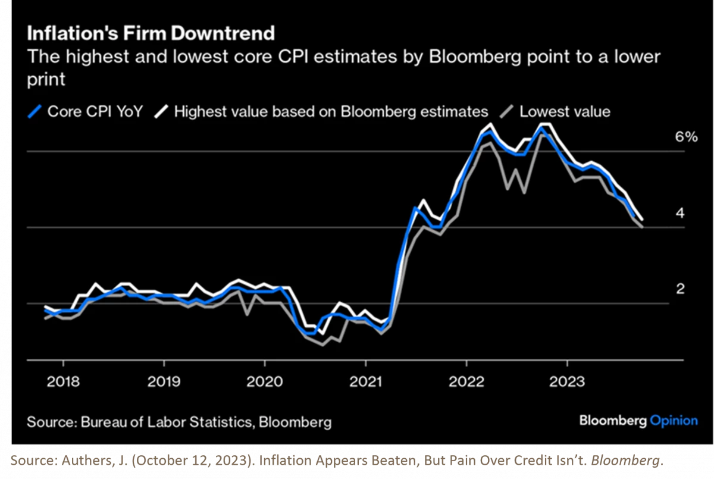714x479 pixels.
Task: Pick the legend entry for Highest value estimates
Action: click(x=321, y=111)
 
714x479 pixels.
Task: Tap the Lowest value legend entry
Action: click(x=556, y=111)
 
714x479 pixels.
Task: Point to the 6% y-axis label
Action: click(x=669, y=137)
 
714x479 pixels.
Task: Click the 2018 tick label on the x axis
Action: click(x=63, y=380)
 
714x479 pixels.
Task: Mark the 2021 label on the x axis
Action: click(x=365, y=380)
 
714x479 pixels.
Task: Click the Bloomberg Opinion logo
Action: click(x=638, y=421)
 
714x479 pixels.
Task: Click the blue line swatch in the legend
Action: click(x=35, y=111)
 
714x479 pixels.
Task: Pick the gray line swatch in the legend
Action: click(x=508, y=111)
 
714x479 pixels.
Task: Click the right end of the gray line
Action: click(x=642, y=227)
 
